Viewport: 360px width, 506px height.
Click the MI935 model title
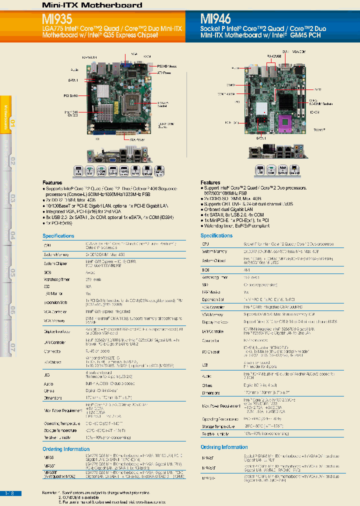point(57,19)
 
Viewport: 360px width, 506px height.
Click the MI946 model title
point(215,19)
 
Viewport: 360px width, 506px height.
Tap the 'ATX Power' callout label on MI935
point(164,73)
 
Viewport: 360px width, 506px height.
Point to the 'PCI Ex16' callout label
point(70,95)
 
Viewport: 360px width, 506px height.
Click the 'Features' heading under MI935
point(52,183)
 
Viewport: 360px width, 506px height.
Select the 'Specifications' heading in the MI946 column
point(216,235)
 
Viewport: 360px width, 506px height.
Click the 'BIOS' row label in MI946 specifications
point(205,269)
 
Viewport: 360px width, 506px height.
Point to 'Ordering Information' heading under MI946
point(224,447)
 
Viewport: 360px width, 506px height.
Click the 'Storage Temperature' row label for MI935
point(60,430)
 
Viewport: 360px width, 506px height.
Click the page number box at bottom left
point(10,493)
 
